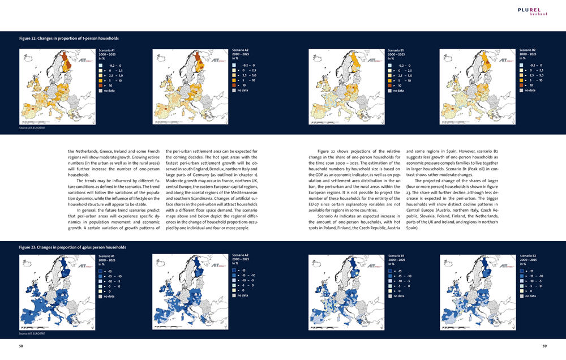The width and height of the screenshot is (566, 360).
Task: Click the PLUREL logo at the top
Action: (x=531, y=10)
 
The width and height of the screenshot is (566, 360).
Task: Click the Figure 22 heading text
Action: (x=68, y=38)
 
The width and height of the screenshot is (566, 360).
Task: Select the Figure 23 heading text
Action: (x=72, y=247)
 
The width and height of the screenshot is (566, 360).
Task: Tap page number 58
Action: (x=21, y=345)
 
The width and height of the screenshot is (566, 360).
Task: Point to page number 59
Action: (x=544, y=345)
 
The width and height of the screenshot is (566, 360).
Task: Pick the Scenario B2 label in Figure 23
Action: (x=528, y=256)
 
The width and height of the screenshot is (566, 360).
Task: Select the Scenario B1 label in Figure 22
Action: (x=395, y=50)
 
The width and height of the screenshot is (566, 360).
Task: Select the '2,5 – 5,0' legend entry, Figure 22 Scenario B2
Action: (x=534, y=75)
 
